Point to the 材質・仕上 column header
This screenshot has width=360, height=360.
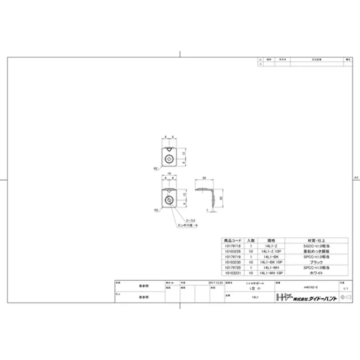317,240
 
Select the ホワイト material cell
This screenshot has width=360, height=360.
317,272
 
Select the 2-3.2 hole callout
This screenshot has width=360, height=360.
191,221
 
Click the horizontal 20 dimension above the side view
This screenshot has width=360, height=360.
204,178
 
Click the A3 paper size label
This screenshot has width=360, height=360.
356,178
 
